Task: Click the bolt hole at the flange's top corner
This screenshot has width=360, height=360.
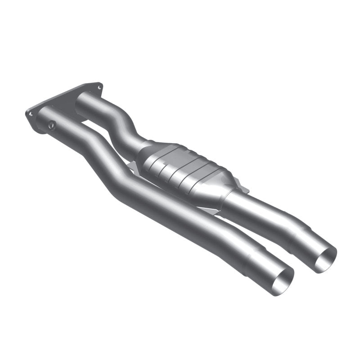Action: click(98, 85)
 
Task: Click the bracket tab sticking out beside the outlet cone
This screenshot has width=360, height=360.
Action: click(243, 189)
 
